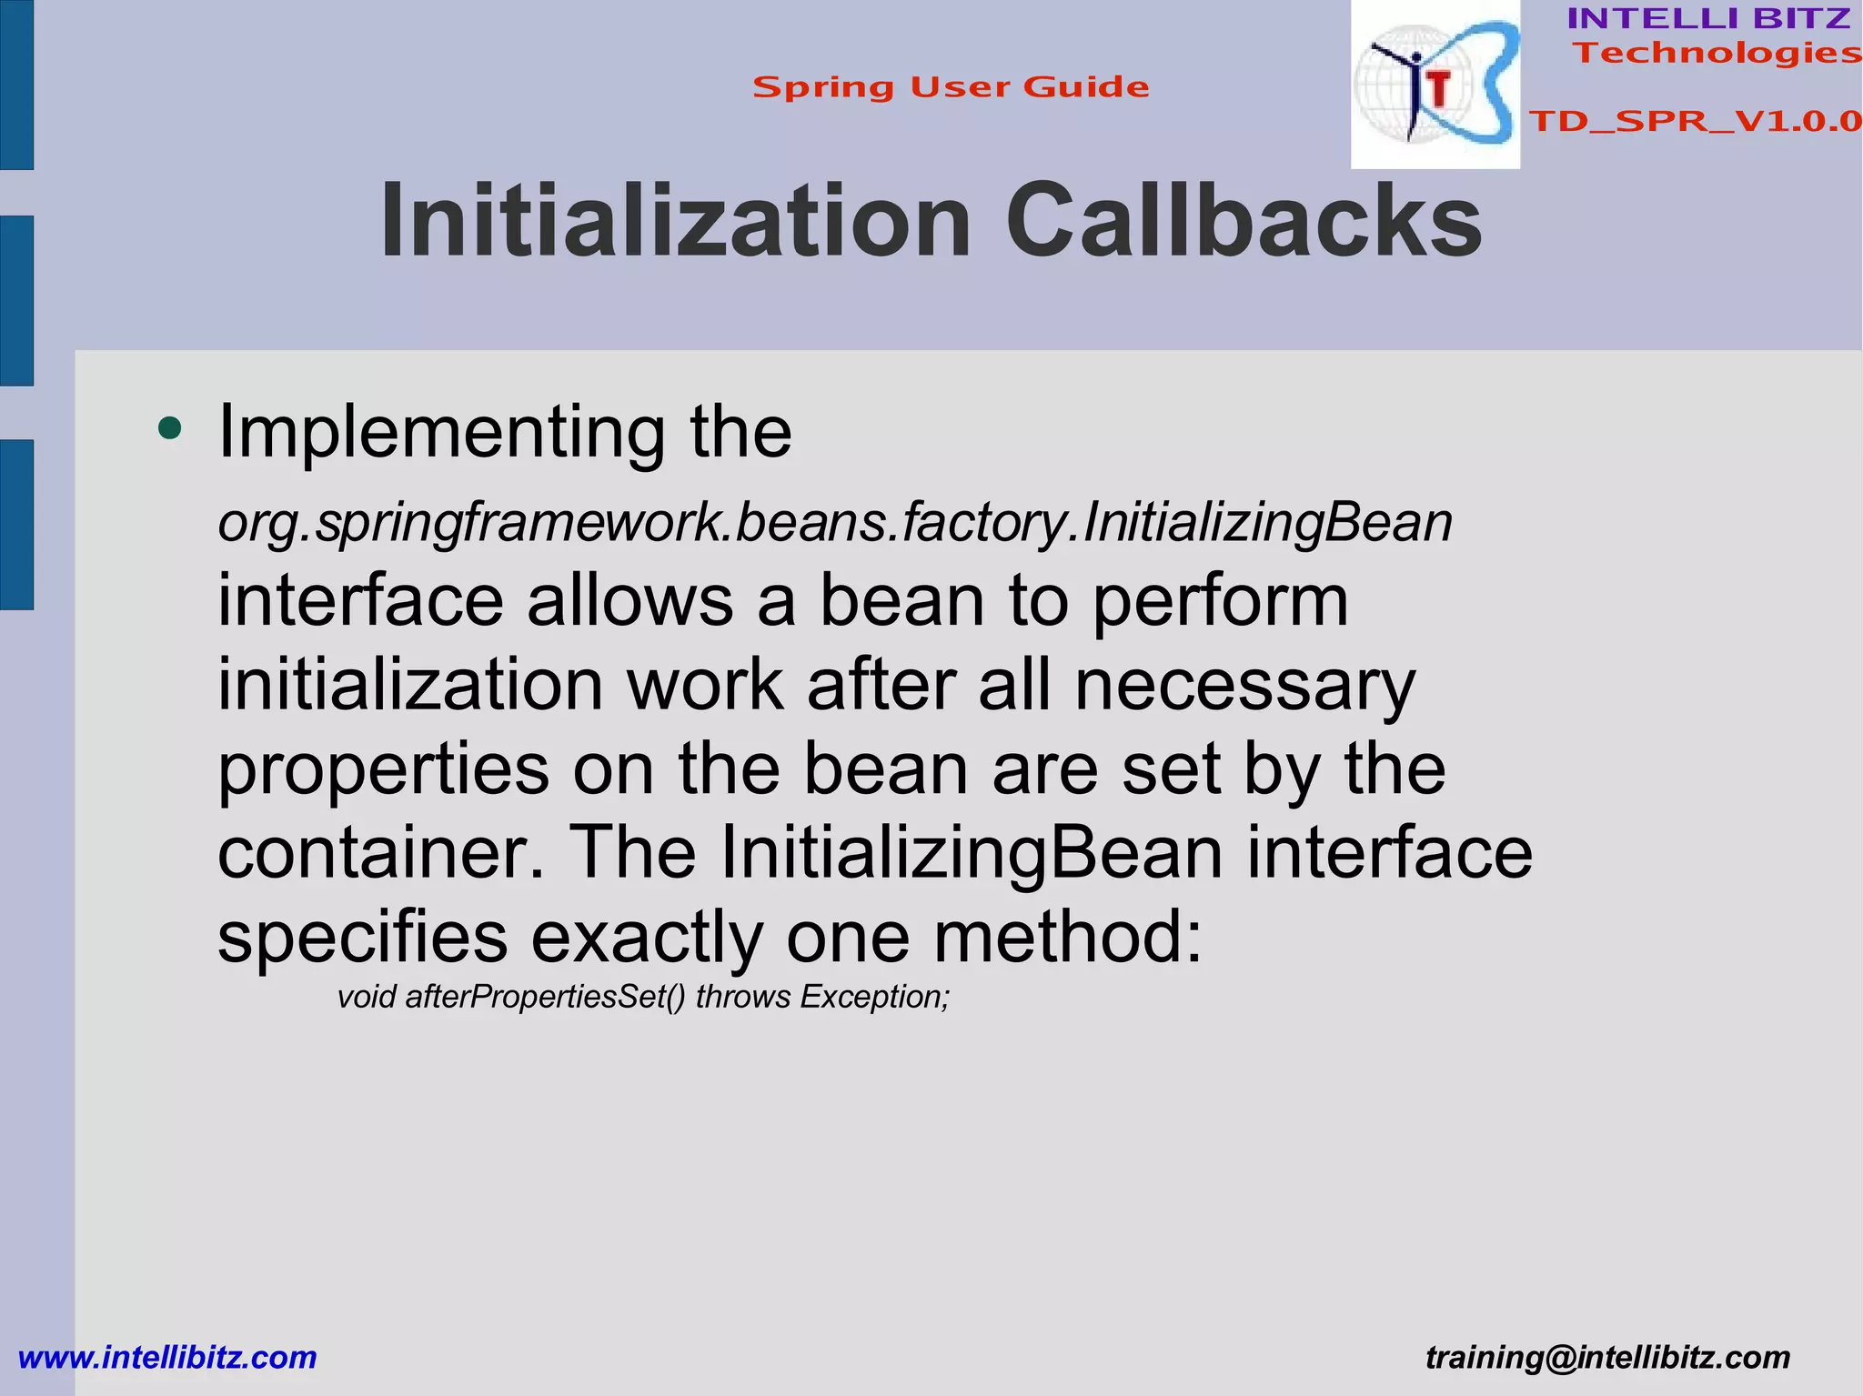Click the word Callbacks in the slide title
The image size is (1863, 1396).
point(1244,221)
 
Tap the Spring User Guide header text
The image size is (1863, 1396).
point(951,87)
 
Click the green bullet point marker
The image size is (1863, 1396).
point(169,427)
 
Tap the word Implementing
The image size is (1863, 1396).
point(442,432)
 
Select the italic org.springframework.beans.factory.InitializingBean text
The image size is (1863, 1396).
point(835,523)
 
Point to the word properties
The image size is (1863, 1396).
point(383,770)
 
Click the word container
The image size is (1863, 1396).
point(380,853)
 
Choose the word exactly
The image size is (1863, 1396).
point(647,938)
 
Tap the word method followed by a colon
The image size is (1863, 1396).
point(1068,938)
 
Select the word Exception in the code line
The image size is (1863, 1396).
point(874,997)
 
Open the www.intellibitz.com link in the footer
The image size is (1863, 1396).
point(167,1357)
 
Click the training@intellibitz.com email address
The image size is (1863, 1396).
point(1607,1357)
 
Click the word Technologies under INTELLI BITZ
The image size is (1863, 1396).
point(1717,53)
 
